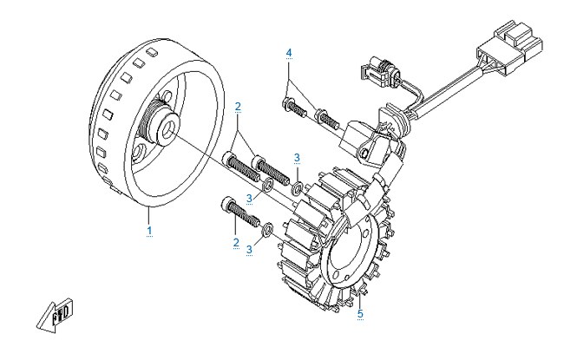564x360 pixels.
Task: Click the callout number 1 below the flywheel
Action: (x=149, y=231)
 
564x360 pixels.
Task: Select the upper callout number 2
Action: (x=238, y=107)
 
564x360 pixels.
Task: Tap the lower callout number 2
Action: (x=236, y=242)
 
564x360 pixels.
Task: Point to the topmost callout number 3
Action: (x=297, y=158)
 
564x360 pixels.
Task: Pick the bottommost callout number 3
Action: (x=250, y=249)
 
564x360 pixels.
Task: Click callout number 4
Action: (x=289, y=53)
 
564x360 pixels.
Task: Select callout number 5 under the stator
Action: (x=360, y=314)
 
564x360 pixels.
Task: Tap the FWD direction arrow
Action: (x=56, y=316)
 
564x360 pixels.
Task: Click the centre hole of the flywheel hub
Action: (x=168, y=128)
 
